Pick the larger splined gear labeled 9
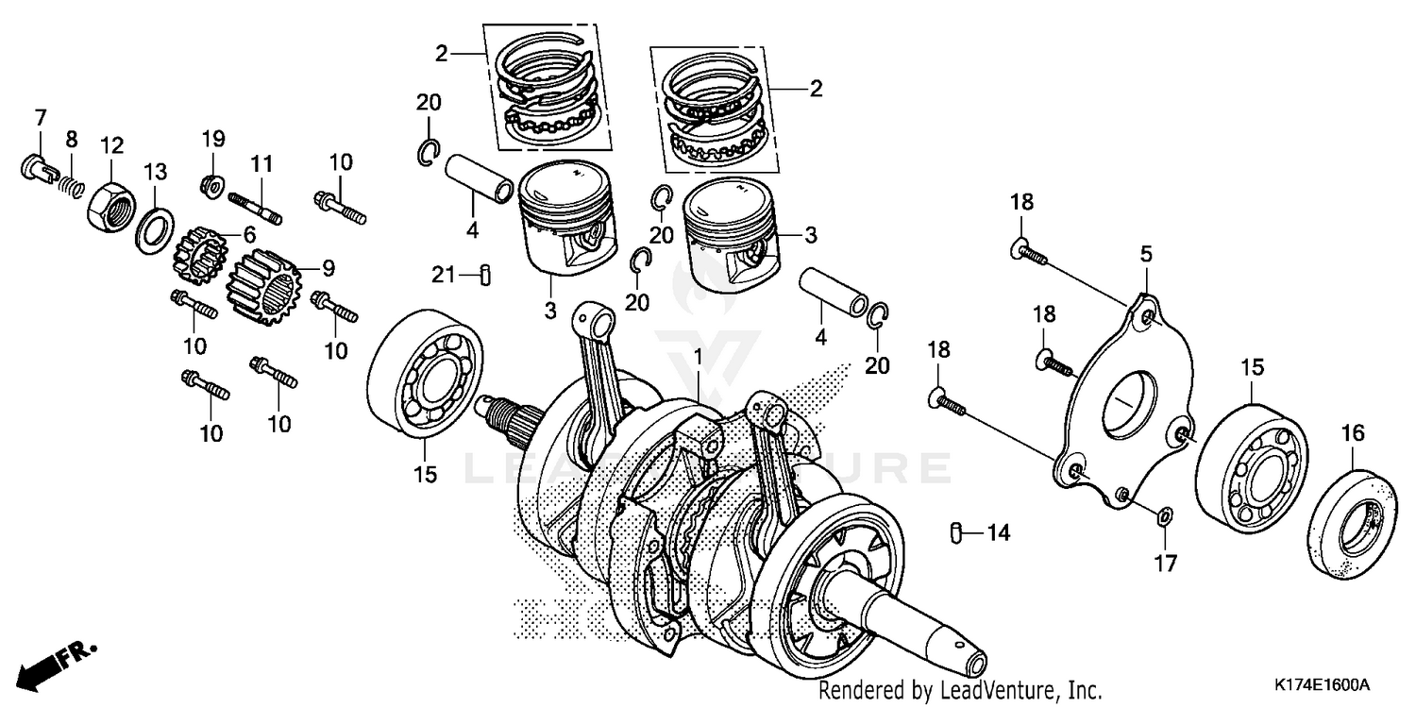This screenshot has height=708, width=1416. tap(264, 288)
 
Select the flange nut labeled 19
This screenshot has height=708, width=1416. tap(212, 184)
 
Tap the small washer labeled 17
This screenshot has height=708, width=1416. tap(1164, 515)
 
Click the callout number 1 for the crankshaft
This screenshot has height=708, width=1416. tap(699, 357)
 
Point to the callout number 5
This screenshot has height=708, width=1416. tap(1146, 253)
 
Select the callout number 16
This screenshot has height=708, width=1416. tap(1353, 433)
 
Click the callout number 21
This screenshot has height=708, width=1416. tap(445, 275)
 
